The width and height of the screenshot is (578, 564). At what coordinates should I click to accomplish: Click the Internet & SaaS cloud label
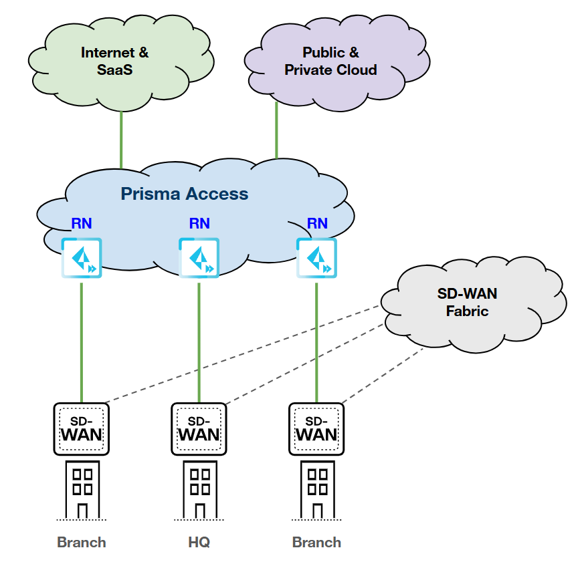click(114, 61)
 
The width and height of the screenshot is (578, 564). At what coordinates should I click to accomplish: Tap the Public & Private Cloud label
click(330, 61)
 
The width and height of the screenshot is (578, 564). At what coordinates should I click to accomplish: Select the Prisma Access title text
click(184, 194)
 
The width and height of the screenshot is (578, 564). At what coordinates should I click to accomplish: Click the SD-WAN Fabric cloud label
click(467, 302)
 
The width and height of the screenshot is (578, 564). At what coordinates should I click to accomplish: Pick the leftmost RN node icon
click(82, 258)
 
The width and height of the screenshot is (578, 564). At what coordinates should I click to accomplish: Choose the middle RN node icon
click(199, 258)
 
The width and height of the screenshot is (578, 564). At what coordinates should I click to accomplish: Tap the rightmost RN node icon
click(316, 258)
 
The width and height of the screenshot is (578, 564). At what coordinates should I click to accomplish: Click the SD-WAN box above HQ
click(199, 428)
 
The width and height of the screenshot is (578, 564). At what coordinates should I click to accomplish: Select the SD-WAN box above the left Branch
click(81, 428)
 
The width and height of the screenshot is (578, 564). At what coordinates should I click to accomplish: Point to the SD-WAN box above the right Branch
click(316, 428)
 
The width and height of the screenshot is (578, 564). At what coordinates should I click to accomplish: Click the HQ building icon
click(199, 488)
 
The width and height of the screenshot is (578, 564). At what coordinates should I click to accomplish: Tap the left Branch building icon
click(82, 488)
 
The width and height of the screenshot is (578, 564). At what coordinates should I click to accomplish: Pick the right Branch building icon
click(316, 488)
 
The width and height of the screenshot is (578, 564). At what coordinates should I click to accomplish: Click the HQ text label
click(199, 542)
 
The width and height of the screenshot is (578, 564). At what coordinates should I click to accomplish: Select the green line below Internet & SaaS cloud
click(121, 137)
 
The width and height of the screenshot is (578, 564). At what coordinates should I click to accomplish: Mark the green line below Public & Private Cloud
click(276, 130)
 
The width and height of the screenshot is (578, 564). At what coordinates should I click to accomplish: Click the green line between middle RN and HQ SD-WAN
click(199, 341)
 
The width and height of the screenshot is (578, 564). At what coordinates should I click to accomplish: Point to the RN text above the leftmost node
click(82, 223)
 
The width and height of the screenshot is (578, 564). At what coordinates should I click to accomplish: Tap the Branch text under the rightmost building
click(316, 542)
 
